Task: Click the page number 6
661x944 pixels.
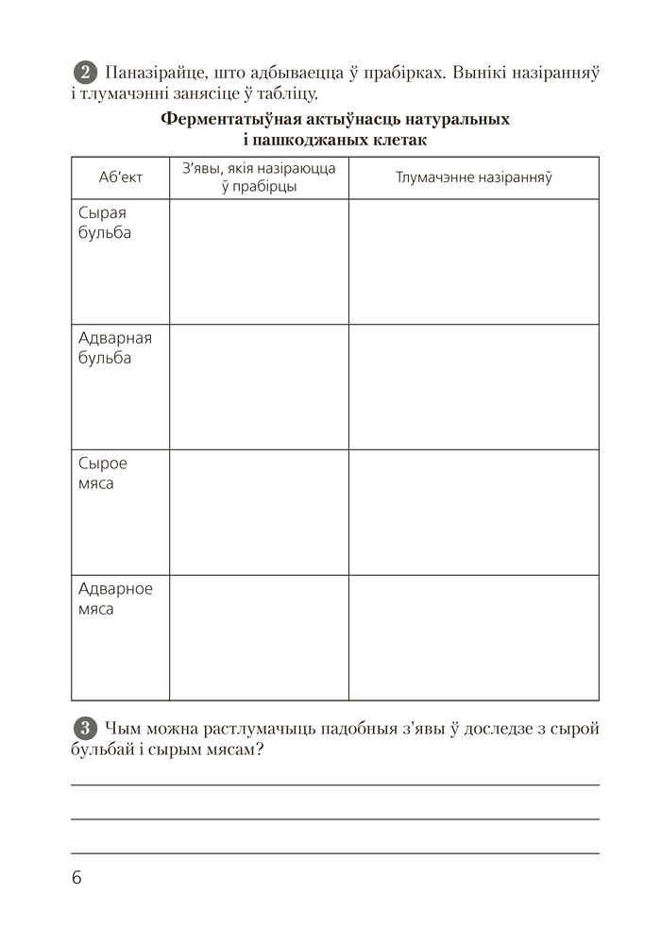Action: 76,877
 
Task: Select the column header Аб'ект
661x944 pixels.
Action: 120,177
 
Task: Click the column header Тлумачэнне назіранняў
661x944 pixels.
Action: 473,177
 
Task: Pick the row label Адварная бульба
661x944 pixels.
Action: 114,348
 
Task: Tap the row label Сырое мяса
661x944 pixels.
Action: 102,474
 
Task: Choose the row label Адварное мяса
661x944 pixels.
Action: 115,598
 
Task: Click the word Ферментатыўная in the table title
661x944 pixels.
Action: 223,121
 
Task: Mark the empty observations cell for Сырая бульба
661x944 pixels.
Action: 259,261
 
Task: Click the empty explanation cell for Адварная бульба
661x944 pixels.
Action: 473,387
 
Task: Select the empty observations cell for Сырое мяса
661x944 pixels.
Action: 259,512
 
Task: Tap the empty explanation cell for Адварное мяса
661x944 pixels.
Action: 473,637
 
